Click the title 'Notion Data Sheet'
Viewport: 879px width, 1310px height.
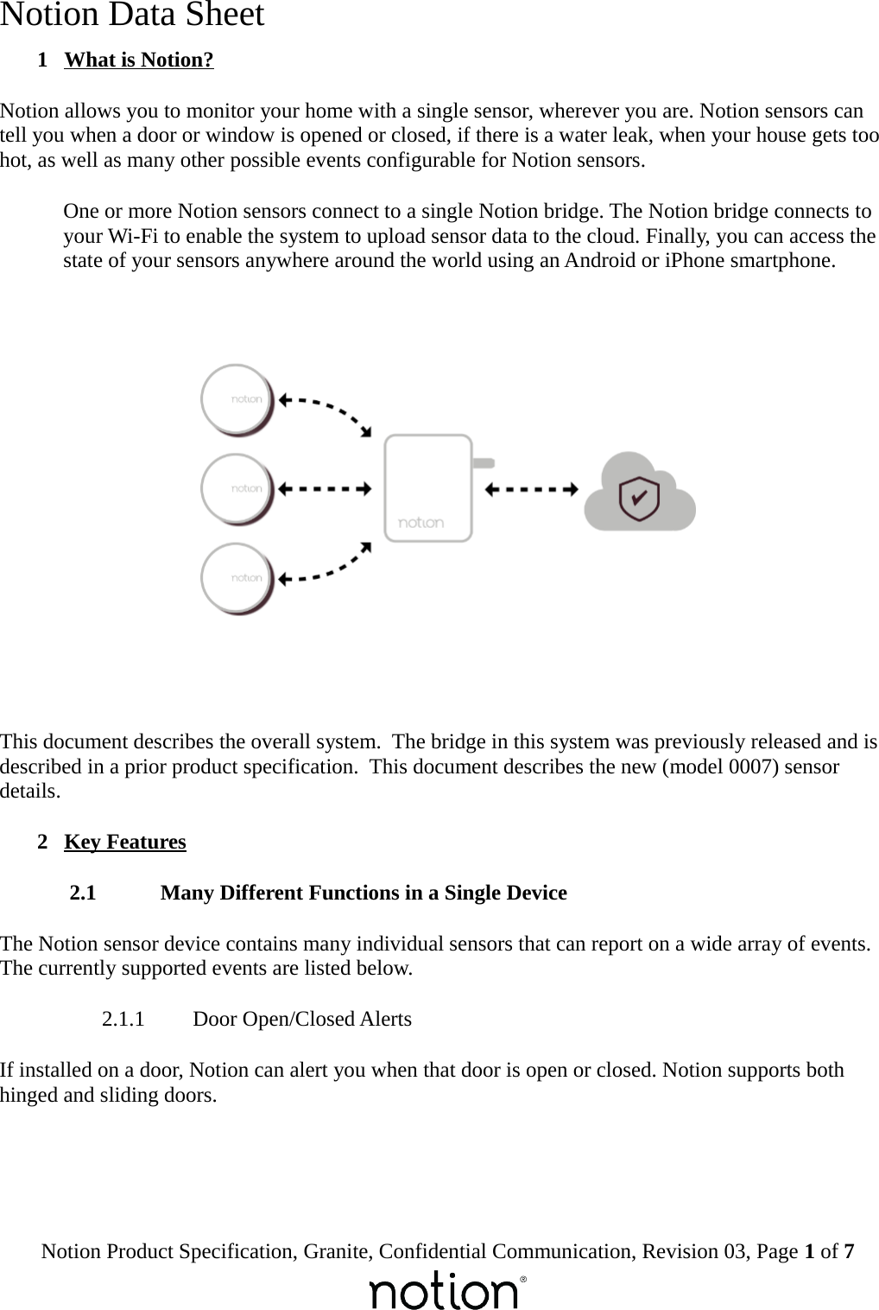click(x=132, y=16)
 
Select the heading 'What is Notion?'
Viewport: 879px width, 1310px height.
click(x=139, y=60)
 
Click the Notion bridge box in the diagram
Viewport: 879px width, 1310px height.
click(x=428, y=488)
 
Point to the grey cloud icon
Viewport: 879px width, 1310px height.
click(x=640, y=492)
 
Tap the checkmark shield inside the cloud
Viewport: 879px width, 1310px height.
click(x=640, y=498)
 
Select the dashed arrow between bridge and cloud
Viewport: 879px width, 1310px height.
click(x=531, y=489)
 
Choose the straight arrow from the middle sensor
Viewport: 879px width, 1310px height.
click(x=325, y=489)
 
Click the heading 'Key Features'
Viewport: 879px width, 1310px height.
click(x=125, y=842)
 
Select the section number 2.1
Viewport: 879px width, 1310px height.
click(x=83, y=893)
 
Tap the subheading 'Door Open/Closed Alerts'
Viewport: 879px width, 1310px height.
click(x=302, y=1019)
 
